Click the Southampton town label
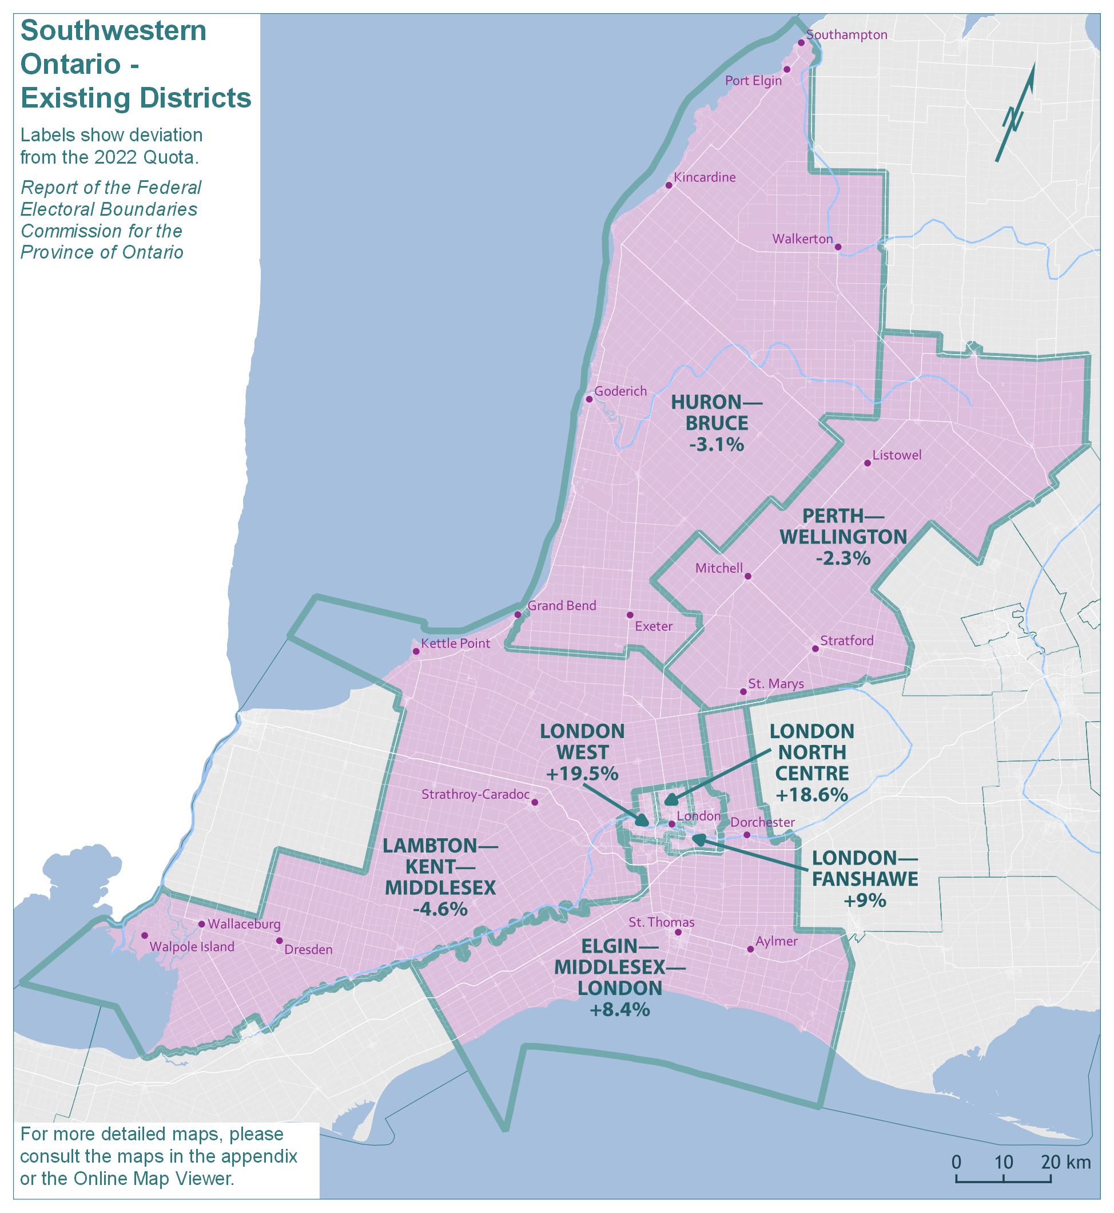[846, 35]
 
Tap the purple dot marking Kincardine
[669, 185]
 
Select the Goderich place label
[620, 391]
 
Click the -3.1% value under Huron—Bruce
[716, 445]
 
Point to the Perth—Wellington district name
[843, 526]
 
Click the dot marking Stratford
[815, 649]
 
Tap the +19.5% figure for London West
[582, 774]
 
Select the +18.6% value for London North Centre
[811, 795]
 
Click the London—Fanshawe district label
[865, 869]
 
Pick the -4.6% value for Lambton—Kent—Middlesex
[440, 909]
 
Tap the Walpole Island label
[192, 947]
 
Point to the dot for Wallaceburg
[201, 924]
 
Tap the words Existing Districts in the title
[136, 98]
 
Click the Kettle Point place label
[455, 644]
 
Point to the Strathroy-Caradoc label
[475, 794]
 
